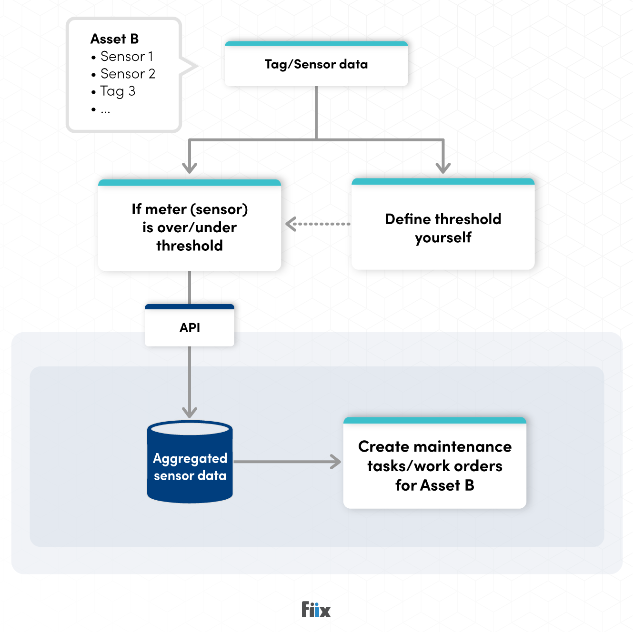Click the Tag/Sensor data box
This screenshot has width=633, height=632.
tap(316, 64)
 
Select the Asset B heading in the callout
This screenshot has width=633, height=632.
tap(114, 39)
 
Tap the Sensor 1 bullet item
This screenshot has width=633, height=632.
tap(126, 56)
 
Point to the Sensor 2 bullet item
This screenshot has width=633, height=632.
tap(127, 74)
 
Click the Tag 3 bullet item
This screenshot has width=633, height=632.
tap(118, 91)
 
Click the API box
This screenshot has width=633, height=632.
tap(190, 327)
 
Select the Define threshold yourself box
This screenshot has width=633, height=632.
tap(443, 227)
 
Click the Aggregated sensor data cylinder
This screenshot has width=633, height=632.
tap(190, 466)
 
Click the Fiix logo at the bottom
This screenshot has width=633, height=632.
tap(316, 609)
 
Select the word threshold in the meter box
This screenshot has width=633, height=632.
tap(190, 246)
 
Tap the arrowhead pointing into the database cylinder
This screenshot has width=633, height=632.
tap(190, 412)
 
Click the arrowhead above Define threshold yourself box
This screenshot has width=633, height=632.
tap(443, 167)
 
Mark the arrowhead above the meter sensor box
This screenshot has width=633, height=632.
tap(190, 167)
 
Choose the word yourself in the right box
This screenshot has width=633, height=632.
tap(443, 237)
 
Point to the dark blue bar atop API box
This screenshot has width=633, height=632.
tap(190, 307)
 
